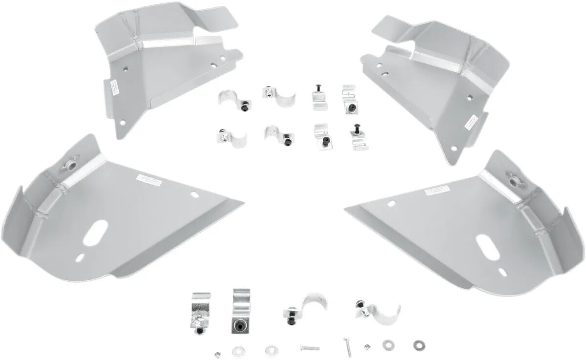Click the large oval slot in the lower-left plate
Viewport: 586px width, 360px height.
point(96,233)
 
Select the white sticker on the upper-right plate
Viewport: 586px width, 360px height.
point(471,122)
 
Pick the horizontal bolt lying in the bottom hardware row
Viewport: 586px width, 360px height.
point(310,348)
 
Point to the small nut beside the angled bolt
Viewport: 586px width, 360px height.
point(366,347)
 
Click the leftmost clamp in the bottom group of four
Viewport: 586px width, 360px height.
point(200,313)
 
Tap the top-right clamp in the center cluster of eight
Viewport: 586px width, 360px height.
point(350,100)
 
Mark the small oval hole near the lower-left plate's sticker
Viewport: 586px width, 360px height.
point(194,194)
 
